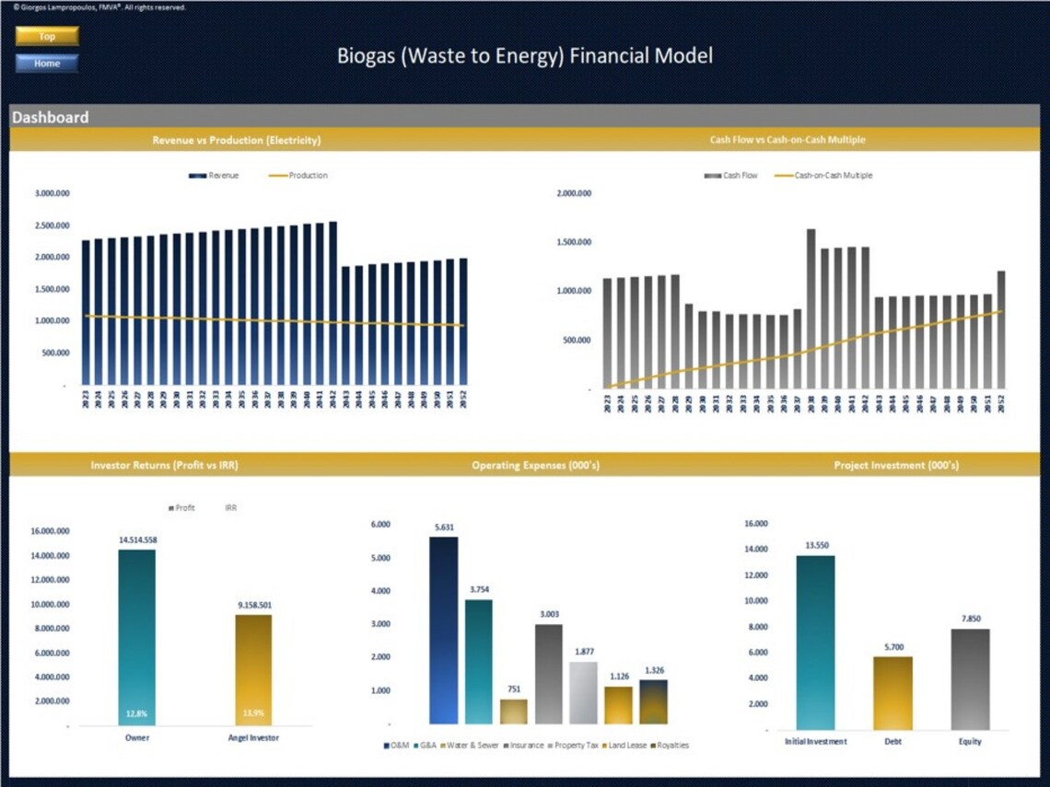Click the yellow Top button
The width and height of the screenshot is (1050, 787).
(47, 36)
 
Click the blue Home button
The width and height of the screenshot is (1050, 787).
(47, 64)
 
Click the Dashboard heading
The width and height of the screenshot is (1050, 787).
(51, 117)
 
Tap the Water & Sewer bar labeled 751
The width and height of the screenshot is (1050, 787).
(514, 712)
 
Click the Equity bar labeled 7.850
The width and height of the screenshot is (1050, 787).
(969, 679)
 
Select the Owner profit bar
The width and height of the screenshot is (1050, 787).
(136, 635)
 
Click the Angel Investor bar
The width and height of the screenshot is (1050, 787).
(253, 667)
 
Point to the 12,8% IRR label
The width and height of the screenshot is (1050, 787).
(136, 713)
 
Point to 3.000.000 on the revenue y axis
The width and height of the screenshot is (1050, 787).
(52, 194)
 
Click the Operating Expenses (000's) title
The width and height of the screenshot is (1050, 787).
(535, 466)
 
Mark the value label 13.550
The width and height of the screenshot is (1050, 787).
(816, 545)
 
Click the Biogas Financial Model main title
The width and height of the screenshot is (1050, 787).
(524, 56)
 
